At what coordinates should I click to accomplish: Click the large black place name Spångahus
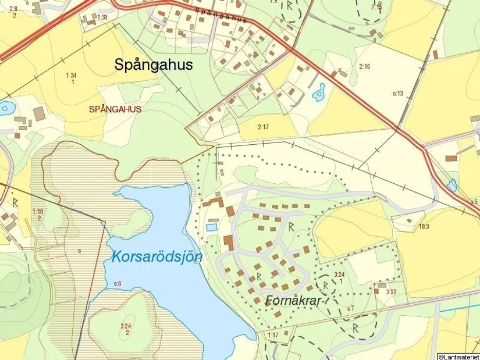coord(153,65)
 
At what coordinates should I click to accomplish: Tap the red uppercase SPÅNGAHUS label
coord(115,109)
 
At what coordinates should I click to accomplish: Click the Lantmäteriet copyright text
coord(458,356)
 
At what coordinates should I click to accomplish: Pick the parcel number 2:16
coord(364,67)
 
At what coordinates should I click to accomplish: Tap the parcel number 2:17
coord(264,127)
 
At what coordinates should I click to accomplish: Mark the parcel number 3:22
coord(392,292)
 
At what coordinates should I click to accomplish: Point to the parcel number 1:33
coord(102,17)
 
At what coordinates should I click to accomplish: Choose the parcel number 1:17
coord(273,335)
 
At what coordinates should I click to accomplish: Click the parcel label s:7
coord(350,308)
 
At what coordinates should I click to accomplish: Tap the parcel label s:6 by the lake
coord(118,283)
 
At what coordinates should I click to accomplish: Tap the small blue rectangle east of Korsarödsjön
coord(211,227)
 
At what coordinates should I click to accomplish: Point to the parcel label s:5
coord(474,201)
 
